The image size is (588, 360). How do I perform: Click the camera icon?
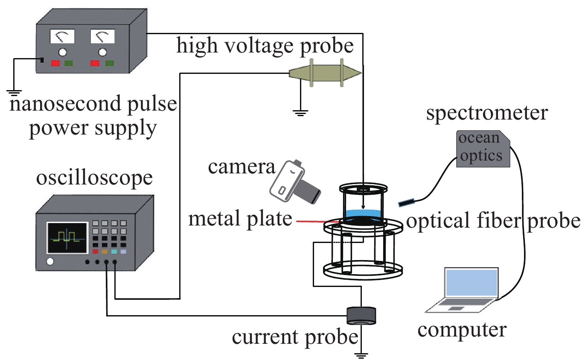coord(294,182)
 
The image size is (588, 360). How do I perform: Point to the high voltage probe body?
coord(326,73)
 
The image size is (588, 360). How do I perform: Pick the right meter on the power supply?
coord(102,38)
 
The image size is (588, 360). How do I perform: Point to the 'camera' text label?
coord(242,167)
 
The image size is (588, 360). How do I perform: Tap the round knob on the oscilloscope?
coord(51,261)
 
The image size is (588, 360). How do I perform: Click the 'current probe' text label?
coord(295,337)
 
